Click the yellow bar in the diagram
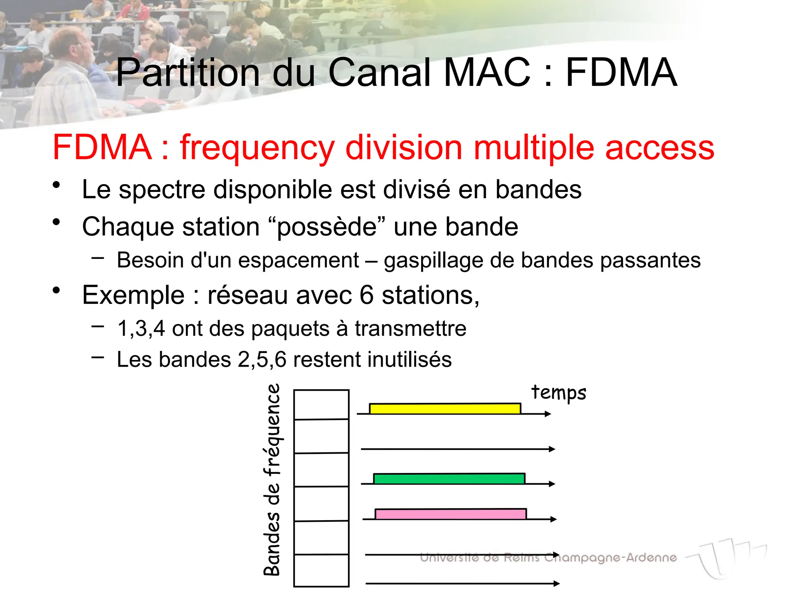tap(445, 409)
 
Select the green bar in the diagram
tap(449, 478)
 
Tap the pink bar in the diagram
tap(450, 514)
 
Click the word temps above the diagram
tap(558, 393)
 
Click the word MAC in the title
tap(487, 73)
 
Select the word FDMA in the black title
tap(621, 73)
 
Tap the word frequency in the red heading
tap(257, 148)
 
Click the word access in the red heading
tap(660, 148)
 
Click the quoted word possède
tap(327, 227)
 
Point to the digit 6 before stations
tap(366, 295)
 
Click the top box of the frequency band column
tap(321, 405)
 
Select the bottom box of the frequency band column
tap(321, 570)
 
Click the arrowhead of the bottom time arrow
tap(557, 584)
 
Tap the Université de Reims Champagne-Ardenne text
tap(548, 558)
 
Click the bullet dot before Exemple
tap(56, 291)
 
